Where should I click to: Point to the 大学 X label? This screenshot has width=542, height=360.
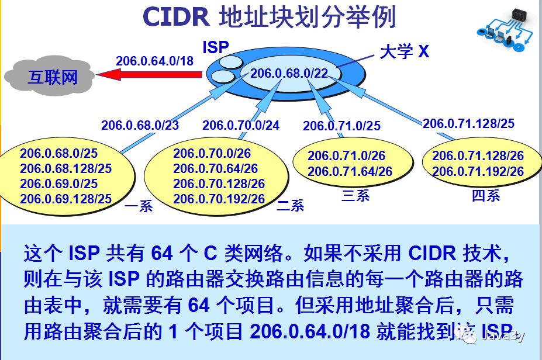coord(404,51)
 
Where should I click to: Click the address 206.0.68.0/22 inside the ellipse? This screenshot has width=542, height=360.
coord(289,73)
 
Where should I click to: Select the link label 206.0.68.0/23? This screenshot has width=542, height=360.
coord(140,125)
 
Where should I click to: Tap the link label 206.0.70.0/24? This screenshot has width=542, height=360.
coord(241,125)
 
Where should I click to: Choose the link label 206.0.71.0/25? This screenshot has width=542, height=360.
coord(341,125)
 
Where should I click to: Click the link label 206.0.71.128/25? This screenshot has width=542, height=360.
coord(468,123)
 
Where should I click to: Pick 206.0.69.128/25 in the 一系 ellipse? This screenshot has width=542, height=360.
coord(65,199)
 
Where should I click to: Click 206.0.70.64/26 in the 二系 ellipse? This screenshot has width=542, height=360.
coord(215,169)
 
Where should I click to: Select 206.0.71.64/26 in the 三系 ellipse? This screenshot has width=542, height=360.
coord(350,171)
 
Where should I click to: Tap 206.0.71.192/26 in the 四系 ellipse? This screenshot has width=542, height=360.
coord(478,171)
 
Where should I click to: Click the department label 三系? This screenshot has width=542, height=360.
coord(355,195)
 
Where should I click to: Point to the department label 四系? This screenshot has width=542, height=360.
coord(485,195)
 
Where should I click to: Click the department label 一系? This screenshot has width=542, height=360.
coord(139,206)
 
